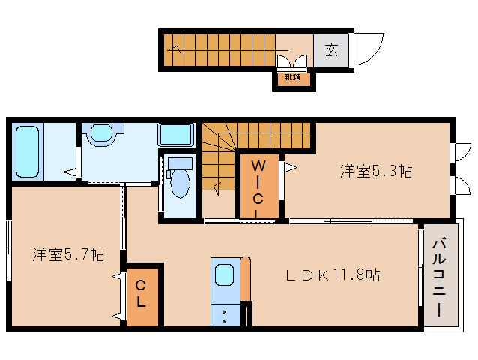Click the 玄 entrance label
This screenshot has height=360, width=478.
click(x=331, y=50)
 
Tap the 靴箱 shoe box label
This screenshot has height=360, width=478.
click(x=292, y=77)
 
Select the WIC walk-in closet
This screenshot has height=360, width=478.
click(x=259, y=187)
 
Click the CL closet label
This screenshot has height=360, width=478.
click(x=141, y=293)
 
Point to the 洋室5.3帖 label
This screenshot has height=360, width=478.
click(x=376, y=171)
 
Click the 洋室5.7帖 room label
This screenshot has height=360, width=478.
click(x=68, y=254)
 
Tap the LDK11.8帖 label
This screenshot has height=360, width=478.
click(x=333, y=275)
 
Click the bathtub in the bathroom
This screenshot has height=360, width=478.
click(x=28, y=152)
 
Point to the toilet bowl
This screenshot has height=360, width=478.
click(x=180, y=182)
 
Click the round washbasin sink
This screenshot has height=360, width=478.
click(x=101, y=133)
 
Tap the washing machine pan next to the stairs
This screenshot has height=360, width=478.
click(x=176, y=135)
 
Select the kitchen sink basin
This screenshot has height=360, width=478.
click(x=225, y=274)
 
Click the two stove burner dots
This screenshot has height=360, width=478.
click(x=224, y=316)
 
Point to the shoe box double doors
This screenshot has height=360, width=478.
click(x=292, y=61)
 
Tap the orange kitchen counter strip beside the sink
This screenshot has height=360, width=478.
click(x=246, y=279)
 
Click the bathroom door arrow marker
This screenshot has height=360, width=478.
click(x=70, y=172)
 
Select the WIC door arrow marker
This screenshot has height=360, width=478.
click(x=291, y=167)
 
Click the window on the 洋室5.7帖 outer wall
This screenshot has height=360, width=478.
click(x=9, y=250)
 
